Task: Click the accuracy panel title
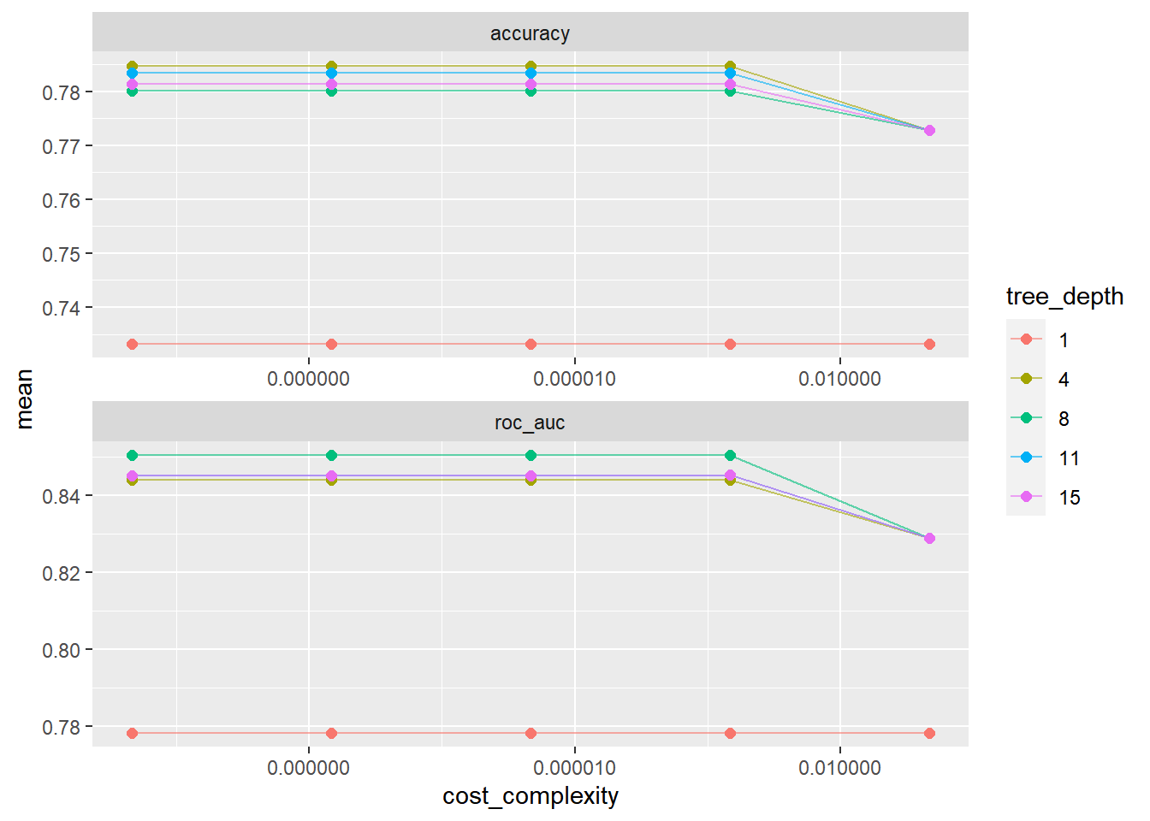coord(530,33)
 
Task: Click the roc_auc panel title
coord(530,422)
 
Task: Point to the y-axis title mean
coord(24,399)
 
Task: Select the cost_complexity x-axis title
coord(530,796)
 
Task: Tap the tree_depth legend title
coord(1064,297)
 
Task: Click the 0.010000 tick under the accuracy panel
coord(839,379)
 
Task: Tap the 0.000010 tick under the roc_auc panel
coord(574,768)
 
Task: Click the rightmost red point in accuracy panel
coord(929,344)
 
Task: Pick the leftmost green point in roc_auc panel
coord(132,455)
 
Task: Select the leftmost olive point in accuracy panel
coord(132,66)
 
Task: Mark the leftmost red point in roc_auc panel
coord(132,733)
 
